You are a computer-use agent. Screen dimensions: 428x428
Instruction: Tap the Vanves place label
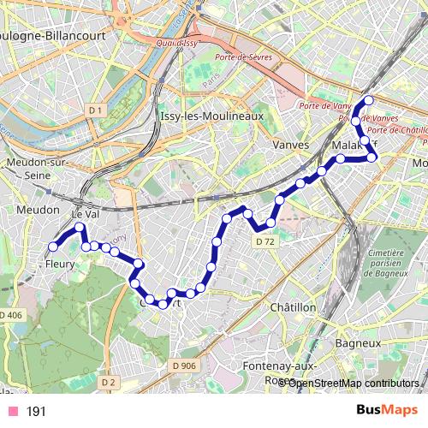coord(290,145)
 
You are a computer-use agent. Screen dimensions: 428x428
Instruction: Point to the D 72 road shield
coord(265,242)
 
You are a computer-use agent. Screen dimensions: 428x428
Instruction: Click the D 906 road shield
coord(183,366)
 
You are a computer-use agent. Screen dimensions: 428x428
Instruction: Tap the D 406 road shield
coord(10,316)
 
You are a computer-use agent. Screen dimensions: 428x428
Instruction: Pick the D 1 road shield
coord(95,110)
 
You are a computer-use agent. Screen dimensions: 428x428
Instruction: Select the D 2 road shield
coord(107,382)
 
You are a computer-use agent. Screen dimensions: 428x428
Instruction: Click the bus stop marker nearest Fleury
coord(52,247)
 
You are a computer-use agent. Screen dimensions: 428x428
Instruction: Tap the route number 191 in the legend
coord(36,412)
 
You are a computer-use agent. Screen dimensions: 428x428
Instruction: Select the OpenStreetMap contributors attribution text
coord(353,383)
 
